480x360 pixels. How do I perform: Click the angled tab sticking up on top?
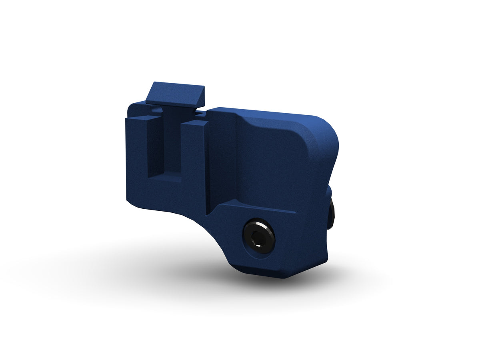tap(175, 94)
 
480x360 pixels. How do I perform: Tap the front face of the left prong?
tap(137, 160)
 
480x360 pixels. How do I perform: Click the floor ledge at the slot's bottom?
tap(165, 178)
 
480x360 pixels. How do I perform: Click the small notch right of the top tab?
tap(202, 114)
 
